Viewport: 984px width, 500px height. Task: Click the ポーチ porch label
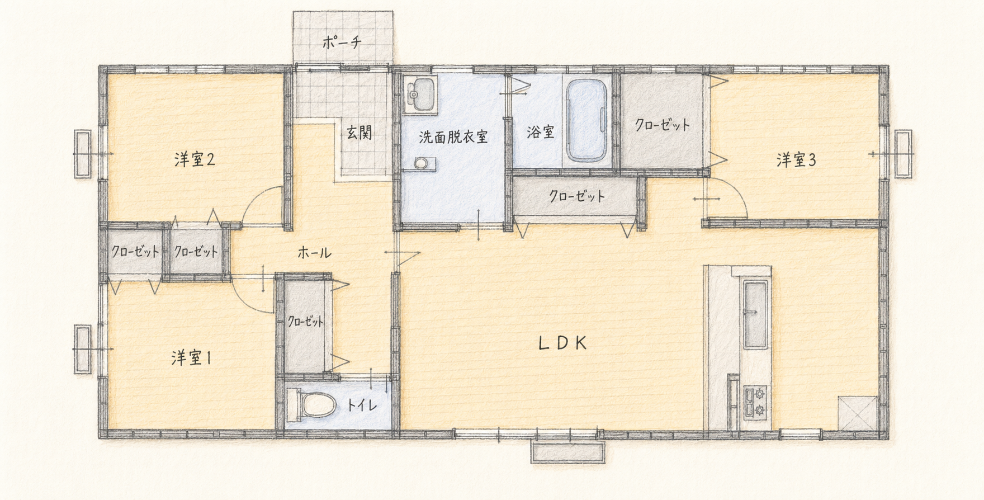click(x=342, y=43)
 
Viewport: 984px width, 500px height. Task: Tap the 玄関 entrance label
click(x=359, y=133)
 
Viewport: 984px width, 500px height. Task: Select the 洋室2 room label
click(x=195, y=160)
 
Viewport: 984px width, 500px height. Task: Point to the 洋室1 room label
click(x=191, y=358)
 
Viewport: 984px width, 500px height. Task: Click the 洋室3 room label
click(x=796, y=161)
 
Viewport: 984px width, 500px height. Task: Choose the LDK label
click(x=562, y=343)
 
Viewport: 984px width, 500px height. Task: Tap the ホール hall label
click(x=314, y=253)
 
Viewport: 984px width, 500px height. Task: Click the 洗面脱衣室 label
click(x=453, y=136)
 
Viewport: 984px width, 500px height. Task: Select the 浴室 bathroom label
click(x=540, y=133)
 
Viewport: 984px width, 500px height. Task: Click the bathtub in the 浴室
click(x=586, y=120)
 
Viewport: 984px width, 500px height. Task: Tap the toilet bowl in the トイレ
click(x=311, y=404)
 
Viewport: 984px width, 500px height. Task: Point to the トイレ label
click(x=362, y=405)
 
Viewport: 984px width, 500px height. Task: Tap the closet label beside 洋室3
click(x=662, y=125)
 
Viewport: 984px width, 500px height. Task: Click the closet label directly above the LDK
click(x=577, y=196)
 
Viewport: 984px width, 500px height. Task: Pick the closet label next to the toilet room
click(x=305, y=322)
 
